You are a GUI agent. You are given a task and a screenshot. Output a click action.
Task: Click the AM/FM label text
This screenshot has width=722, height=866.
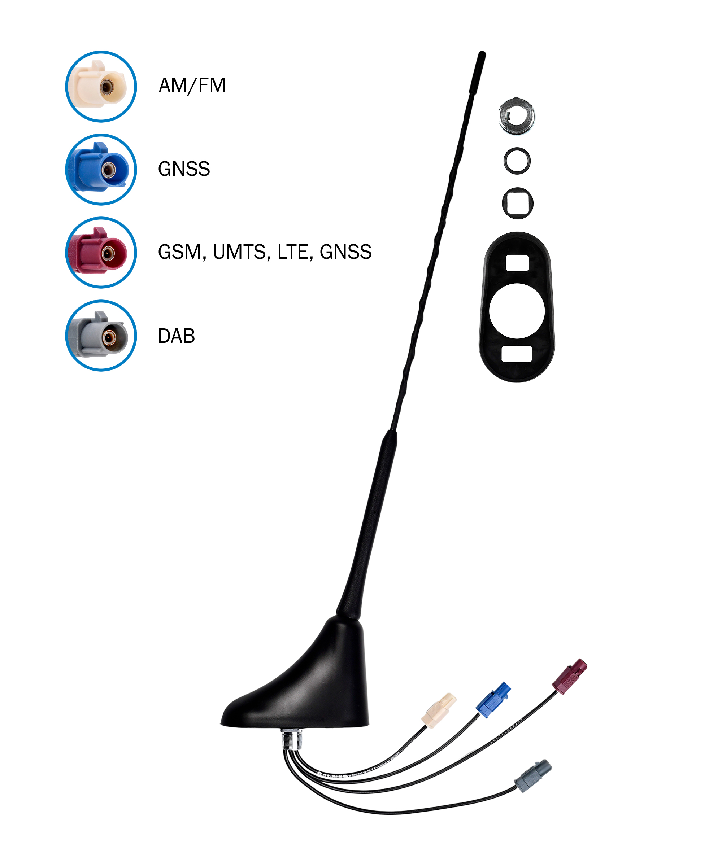(192, 86)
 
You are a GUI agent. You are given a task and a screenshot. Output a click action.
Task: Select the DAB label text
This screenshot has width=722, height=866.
(176, 336)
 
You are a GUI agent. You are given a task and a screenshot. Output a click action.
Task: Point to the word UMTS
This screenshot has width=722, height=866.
(239, 252)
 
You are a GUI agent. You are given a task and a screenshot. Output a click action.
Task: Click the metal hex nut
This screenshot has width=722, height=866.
(517, 116)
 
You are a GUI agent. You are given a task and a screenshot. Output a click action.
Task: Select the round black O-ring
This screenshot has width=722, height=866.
(517, 161)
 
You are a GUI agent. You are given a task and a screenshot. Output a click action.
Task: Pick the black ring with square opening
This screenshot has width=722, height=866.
(517, 203)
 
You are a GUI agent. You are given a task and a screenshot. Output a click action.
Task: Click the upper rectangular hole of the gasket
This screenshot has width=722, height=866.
(517, 263)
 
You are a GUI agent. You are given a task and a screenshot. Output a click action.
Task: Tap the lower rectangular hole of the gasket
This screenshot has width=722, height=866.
(517, 354)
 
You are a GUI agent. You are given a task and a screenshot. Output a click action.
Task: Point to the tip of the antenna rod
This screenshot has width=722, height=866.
(482, 55)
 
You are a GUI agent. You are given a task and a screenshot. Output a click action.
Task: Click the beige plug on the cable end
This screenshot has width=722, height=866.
(439, 710)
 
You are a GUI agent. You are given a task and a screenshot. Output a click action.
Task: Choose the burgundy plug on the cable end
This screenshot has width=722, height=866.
(570, 676)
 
